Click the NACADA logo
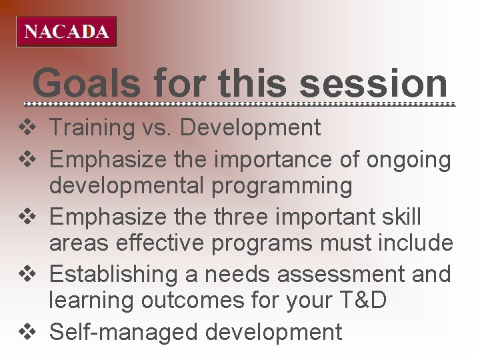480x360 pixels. pos(66,31)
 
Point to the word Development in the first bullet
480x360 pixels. pos(251,127)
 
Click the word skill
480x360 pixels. pos(398,217)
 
